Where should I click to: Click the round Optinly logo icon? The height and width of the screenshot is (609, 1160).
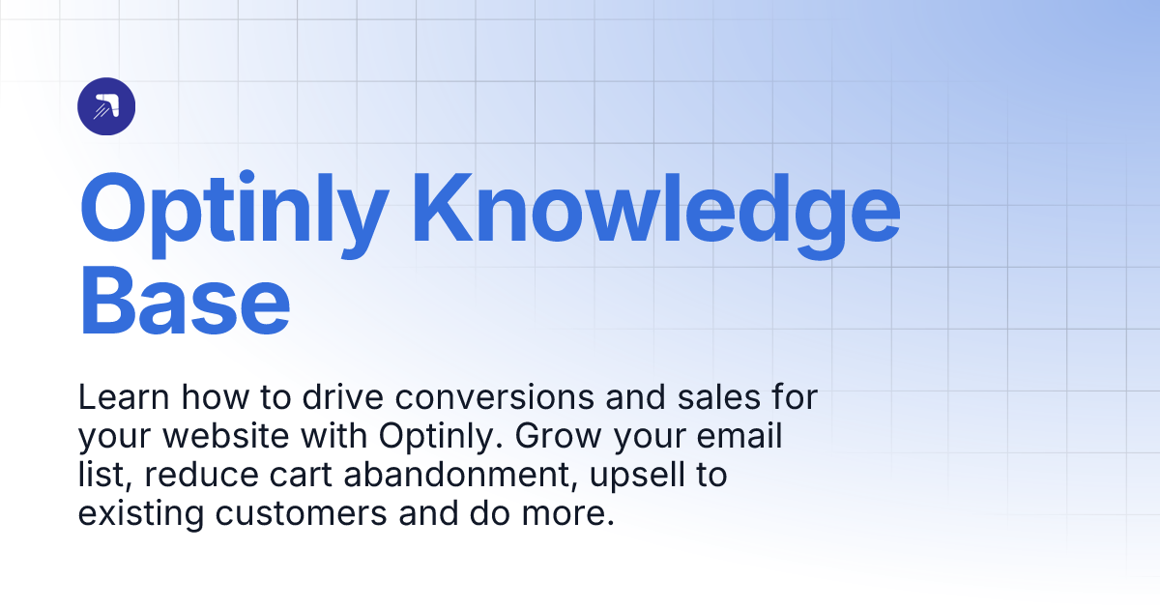click(106, 106)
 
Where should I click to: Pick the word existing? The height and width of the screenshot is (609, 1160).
click(138, 513)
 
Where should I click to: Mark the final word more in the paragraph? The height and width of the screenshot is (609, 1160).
click(574, 513)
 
